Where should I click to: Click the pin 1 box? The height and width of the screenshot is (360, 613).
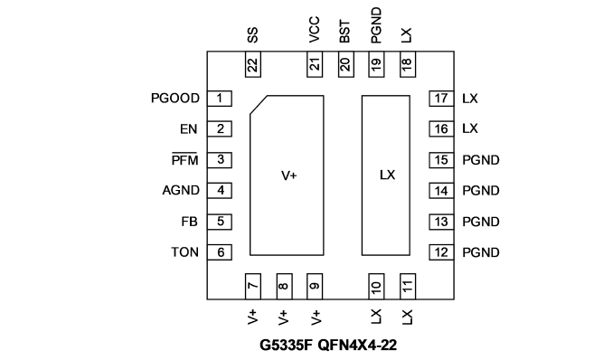click(220, 99)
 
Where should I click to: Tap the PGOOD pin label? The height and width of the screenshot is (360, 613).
click(175, 99)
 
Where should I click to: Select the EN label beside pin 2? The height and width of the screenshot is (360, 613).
click(188, 129)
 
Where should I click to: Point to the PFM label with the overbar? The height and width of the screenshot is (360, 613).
click(184, 160)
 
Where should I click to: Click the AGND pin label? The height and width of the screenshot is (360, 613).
click(181, 191)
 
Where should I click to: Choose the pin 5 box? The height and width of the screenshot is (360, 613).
click(220, 222)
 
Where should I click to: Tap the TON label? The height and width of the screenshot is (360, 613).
click(184, 252)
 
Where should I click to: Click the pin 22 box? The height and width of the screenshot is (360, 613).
click(253, 64)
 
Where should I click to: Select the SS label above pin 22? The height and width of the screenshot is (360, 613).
click(252, 35)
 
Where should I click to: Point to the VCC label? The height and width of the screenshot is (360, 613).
click(315, 29)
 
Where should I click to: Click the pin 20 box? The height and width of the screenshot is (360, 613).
click(346, 64)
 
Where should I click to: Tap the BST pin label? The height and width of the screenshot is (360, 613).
click(344, 32)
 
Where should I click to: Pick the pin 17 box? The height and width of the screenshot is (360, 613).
click(441, 99)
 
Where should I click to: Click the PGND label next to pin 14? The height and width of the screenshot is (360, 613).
click(481, 191)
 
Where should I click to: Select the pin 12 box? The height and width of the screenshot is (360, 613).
click(441, 252)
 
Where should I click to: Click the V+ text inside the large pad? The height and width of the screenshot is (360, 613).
click(289, 175)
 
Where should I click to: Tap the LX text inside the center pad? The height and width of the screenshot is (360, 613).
click(388, 175)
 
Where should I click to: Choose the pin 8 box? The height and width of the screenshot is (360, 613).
click(284, 287)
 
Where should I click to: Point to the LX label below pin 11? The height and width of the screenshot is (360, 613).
click(407, 317)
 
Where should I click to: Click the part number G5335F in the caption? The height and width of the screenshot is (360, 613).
click(287, 346)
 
